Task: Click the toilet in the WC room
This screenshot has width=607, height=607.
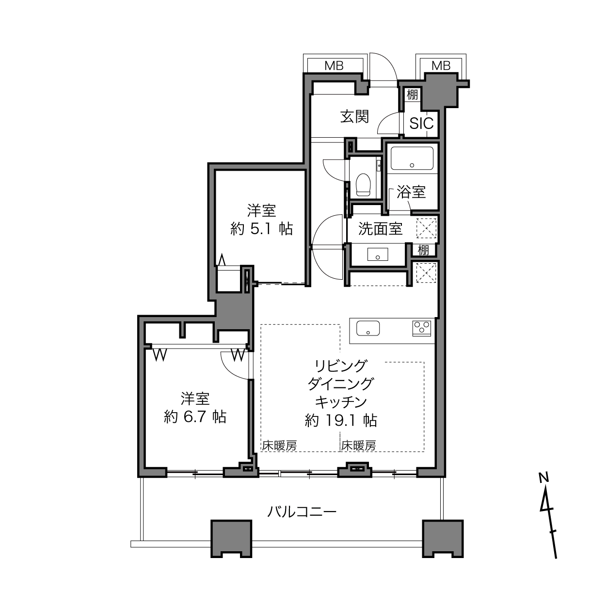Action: (x=363, y=184)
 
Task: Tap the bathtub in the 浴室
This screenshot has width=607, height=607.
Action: (x=412, y=159)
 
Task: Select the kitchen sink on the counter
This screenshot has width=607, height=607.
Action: (x=367, y=329)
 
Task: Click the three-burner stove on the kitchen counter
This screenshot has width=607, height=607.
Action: (x=421, y=328)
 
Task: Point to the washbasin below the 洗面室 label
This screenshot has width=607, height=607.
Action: (x=377, y=254)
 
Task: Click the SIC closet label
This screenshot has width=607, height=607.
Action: (x=421, y=124)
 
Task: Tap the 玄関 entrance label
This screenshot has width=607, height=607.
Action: (x=354, y=116)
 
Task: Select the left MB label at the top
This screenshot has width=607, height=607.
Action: (x=334, y=66)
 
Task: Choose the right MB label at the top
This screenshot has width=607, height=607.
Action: (x=441, y=65)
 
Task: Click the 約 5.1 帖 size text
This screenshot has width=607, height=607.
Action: (x=262, y=229)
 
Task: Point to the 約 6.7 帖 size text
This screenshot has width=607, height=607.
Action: (x=195, y=417)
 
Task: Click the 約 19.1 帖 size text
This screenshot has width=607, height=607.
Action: (x=341, y=420)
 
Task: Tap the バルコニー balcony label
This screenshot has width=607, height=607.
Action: (x=302, y=512)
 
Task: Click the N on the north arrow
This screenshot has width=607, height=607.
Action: (x=543, y=478)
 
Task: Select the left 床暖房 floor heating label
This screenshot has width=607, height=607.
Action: (x=280, y=446)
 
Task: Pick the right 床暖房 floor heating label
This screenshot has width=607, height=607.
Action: (x=358, y=446)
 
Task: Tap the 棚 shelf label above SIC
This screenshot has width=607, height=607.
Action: (x=412, y=95)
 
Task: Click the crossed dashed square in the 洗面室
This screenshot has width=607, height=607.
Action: (x=427, y=228)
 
